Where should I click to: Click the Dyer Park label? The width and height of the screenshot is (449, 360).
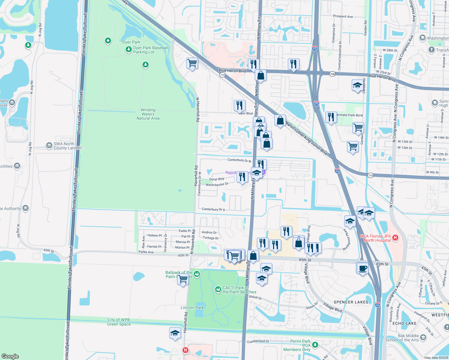[131, 42]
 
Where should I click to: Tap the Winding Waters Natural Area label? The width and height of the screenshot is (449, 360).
[148, 114]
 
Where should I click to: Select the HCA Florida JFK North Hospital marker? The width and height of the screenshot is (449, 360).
[395, 238]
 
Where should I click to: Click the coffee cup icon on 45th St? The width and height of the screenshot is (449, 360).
[363, 268]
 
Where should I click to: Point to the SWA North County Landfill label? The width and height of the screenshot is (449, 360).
[68, 146]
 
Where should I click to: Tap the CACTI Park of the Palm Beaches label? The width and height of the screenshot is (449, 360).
[239, 290]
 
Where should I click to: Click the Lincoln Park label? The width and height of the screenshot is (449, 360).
[192, 307]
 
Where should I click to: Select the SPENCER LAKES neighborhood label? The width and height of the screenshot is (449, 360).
[351, 302]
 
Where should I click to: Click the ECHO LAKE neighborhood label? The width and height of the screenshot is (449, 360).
[404, 323]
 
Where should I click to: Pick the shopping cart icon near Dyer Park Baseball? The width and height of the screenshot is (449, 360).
[192, 63]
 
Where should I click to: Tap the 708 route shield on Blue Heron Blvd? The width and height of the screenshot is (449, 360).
[332, 74]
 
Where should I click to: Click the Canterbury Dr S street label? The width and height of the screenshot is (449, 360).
[213, 209]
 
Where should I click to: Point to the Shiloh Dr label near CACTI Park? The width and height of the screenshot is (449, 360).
[255, 297]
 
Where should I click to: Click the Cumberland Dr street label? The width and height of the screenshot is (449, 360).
[258, 341]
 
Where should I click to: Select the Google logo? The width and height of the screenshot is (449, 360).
[10, 356]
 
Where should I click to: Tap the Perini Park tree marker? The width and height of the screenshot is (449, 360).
[315, 345]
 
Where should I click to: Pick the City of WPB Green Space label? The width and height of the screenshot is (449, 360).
[119, 322]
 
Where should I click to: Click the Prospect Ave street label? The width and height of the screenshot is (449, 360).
[343, 16]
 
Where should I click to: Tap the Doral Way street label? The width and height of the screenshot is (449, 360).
[217, 179]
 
